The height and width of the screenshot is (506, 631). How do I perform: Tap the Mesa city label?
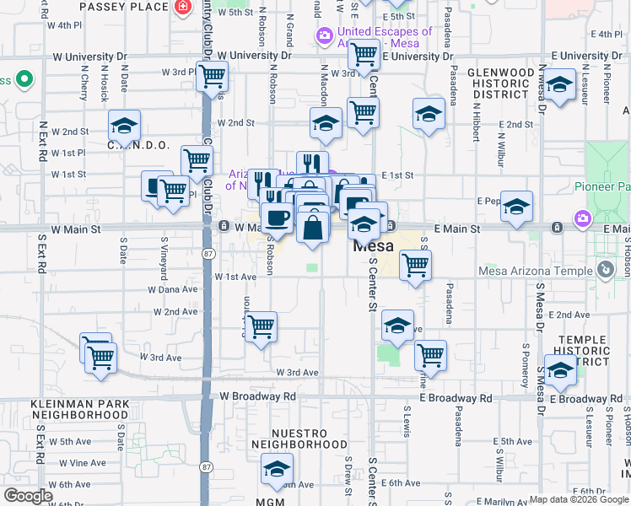coord(372,246)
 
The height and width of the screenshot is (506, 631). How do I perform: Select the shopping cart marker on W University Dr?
coord(364,55)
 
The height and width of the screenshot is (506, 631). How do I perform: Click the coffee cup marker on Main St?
coord(276,218)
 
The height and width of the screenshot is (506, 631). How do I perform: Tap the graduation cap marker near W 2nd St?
coord(124,126)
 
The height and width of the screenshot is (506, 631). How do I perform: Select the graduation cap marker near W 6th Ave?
coord(276,470)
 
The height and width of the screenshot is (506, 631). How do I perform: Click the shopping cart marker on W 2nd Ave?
coord(262,326)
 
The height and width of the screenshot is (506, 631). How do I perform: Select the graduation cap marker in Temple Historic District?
coord(559,369)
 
